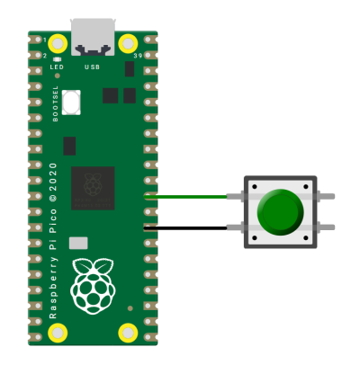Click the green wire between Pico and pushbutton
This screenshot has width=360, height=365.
pyautogui.click(x=185, y=197)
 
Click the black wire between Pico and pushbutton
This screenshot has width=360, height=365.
pyautogui.click(x=185, y=228)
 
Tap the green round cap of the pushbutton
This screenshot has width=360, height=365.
pyautogui.click(x=280, y=212)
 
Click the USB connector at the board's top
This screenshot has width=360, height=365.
pyautogui.click(x=93, y=37)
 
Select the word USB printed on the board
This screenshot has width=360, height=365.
pyautogui.click(x=92, y=67)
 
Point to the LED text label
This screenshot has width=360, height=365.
pyautogui.click(x=57, y=67)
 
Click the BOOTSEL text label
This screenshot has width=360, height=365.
pyautogui.click(x=56, y=103)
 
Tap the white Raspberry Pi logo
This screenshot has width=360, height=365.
pyautogui.click(x=93, y=286)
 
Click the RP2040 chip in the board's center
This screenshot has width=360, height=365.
pyautogui.click(x=93, y=188)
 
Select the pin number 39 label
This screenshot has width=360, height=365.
pyautogui.click(x=138, y=56)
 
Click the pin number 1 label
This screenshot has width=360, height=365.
pyautogui.click(x=45, y=40)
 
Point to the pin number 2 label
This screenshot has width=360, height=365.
pyautogui.click(x=45, y=56)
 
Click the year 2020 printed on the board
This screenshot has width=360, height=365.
pyautogui.click(x=53, y=177)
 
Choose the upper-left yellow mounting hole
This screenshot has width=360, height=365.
pyautogui.click(x=58, y=44)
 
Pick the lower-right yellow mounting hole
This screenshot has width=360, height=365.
pyautogui.click(x=128, y=333)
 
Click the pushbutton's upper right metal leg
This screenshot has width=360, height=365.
pyautogui.click(x=326, y=197)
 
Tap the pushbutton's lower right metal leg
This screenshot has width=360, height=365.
pyautogui.click(x=326, y=227)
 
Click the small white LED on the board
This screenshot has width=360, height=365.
pyautogui.click(x=57, y=59)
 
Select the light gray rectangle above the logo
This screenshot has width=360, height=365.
pyautogui.click(x=78, y=243)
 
